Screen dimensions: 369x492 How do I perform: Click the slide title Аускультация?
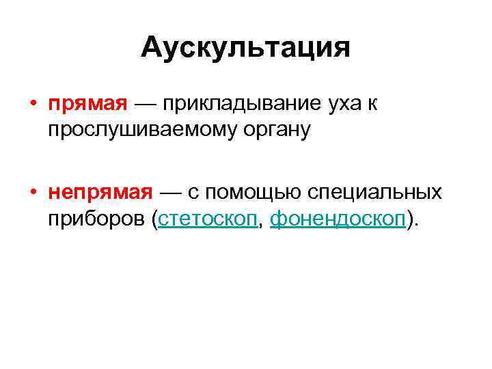(246, 48)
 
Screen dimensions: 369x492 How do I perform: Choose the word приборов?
(98, 219)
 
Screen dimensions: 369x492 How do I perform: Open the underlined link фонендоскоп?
(338, 219)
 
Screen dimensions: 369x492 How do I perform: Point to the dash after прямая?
(148, 105)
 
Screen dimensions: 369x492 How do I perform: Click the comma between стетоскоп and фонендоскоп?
(262, 223)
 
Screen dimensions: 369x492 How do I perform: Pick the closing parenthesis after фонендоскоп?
(410, 219)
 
